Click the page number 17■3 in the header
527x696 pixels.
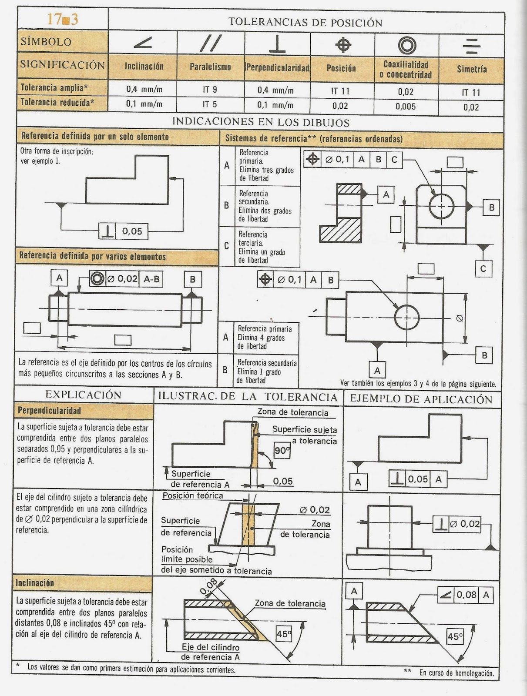point(62,20)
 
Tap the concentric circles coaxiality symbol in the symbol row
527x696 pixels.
point(407,45)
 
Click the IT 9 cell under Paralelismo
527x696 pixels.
point(210,90)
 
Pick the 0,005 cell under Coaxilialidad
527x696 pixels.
point(406,107)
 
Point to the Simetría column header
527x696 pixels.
point(472,69)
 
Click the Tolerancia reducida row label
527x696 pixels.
point(57,103)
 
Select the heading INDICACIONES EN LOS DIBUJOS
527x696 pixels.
point(261,122)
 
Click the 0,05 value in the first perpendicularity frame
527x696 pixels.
point(132,231)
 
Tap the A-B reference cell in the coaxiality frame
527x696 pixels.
point(151,279)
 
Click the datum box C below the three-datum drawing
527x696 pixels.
point(483,269)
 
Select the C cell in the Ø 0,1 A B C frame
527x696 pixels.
point(394,160)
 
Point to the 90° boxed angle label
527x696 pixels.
point(282,451)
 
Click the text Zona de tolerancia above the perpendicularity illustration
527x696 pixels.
point(292,412)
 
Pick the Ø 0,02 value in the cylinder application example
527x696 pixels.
point(465,524)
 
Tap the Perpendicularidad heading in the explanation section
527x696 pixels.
point(49,411)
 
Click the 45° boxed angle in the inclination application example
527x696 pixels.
point(455,637)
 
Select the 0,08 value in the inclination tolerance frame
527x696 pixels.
point(467,595)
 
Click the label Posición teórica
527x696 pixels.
point(193,495)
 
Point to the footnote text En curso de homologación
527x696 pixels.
point(457,673)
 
